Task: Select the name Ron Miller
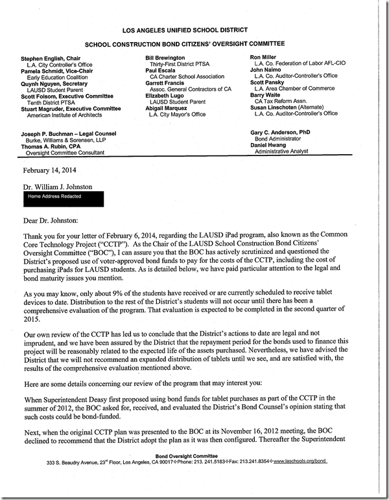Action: pyautogui.click(x=266, y=58)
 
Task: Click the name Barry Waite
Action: pyautogui.click(x=266, y=95)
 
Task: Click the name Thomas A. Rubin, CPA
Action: pyautogui.click(x=49, y=145)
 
